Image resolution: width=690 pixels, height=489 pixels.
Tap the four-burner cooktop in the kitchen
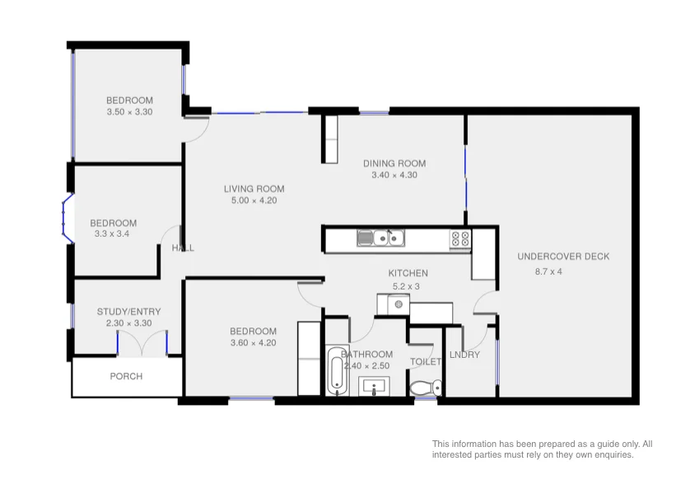459,238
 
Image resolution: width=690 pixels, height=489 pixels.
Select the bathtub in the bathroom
335,372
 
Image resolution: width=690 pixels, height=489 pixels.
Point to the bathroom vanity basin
380,386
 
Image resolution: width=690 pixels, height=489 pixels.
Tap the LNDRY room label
465,355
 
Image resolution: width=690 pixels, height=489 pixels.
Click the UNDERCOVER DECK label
563,256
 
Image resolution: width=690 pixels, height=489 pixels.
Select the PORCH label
126,376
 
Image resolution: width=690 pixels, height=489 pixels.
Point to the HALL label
183,248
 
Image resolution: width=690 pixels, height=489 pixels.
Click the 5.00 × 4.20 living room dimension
254,200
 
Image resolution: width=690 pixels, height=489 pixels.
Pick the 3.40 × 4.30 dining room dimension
394,175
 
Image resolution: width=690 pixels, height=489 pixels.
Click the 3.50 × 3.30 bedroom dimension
129,112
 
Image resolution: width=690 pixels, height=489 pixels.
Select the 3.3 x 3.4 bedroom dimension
113,234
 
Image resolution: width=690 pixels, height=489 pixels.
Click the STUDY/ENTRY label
128,312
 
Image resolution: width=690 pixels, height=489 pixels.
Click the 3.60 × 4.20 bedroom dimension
253,343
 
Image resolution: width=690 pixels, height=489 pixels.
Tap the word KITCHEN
408,273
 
